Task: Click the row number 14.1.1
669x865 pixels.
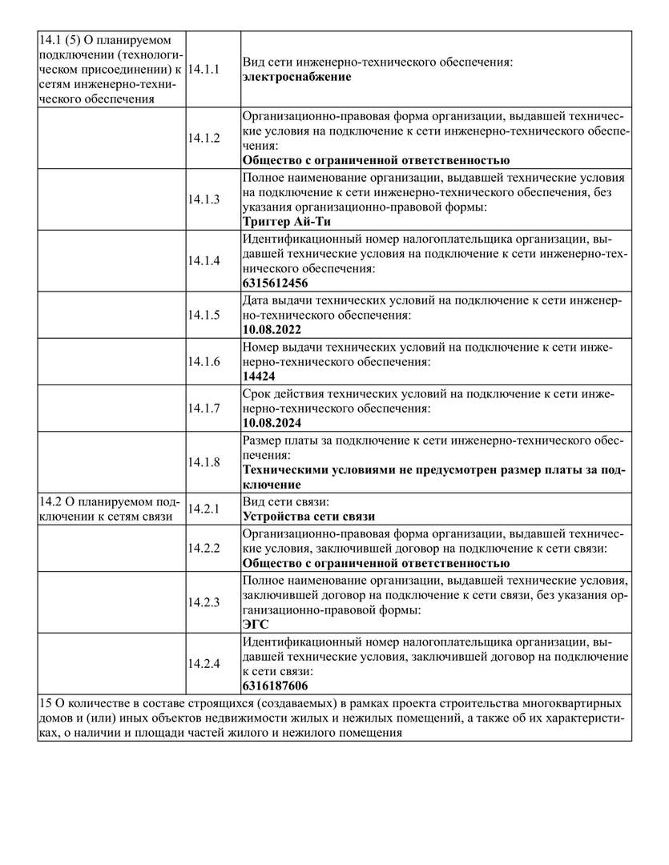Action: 204,70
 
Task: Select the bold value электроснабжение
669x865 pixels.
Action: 296,77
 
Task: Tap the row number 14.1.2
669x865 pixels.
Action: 204,138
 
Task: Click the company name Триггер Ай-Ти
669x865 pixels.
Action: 286,222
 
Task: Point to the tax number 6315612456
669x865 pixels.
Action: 275,283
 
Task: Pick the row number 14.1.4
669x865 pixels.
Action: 204,260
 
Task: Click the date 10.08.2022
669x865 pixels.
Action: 272,329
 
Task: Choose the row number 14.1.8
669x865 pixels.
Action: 204,462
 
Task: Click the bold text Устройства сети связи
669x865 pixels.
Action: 308,516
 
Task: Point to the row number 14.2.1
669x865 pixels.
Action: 204,509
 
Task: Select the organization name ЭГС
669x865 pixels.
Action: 256,624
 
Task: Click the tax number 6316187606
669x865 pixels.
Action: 275,686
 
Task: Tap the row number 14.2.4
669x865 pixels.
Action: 204,663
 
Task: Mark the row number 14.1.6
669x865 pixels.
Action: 204,361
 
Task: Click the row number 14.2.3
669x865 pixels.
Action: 204,601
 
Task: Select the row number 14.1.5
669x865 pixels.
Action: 204,315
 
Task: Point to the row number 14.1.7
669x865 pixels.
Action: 204,408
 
